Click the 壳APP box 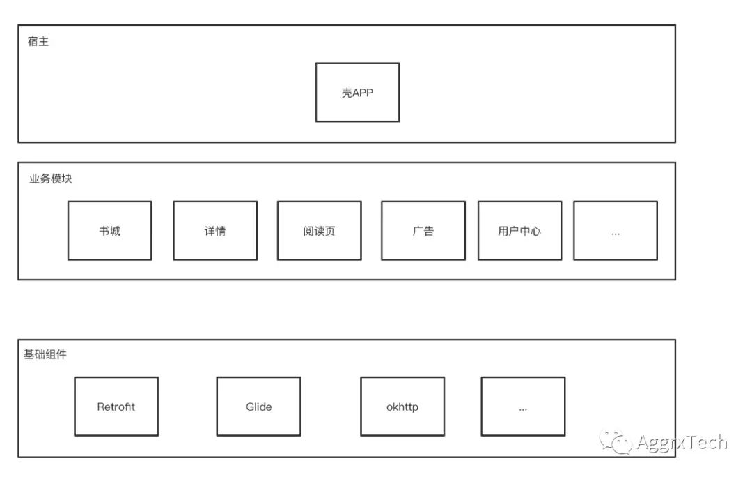coord(357,92)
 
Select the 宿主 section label coord(38,42)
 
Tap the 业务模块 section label coord(51,179)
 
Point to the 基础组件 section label coord(45,355)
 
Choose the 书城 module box coord(109,231)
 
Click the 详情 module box coord(215,231)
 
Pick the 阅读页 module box coord(319,231)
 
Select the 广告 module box coord(423,231)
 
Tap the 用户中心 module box coord(519,231)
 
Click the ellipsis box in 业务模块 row coord(616,231)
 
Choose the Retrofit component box coord(116,407)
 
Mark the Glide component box coord(258,407)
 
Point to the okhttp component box coord(402,407)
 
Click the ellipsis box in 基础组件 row coord(523,407)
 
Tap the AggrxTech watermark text coord(682,442)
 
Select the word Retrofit coord(116,407)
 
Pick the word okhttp coord(402,407)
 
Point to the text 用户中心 coord(519,231)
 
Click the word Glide coord(258,407)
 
